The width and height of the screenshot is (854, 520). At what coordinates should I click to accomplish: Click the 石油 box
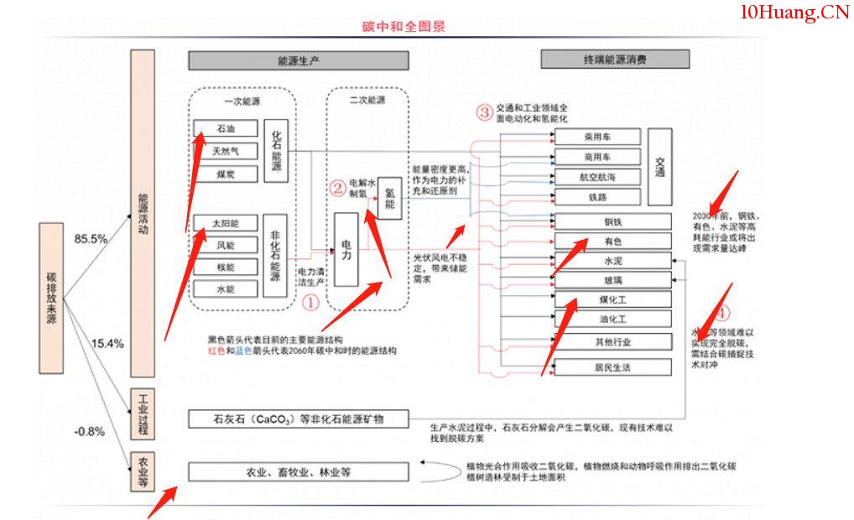(x=226, y=129)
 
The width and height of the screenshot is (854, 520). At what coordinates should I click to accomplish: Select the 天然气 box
(x=226, y=152)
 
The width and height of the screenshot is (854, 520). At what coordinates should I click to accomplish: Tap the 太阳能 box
(x=226, y=223)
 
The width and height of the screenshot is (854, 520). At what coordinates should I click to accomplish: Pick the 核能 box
(x=226, y=268)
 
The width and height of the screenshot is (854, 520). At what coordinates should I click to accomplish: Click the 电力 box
(x=346, y=249)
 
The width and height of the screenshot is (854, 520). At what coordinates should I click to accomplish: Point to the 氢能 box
(x=389, y=198)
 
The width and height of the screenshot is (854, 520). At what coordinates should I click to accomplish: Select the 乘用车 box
(x=597, y=137)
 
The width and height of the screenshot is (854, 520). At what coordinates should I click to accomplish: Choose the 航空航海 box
(x=597, y=177)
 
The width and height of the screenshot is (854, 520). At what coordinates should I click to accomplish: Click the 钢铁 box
(x=613, y=222)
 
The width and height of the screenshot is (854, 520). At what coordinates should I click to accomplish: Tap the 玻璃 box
(x=613, y=280)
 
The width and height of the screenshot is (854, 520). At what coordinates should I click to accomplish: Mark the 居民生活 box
(x=613, y=367)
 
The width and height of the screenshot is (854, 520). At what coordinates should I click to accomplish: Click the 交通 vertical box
(x=659, y=167)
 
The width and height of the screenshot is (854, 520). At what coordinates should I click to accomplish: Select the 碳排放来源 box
(x=51, y=298)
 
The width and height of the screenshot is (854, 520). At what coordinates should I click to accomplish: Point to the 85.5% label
(x=91, y=239)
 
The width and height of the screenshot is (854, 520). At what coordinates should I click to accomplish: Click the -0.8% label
(x=89, y=432)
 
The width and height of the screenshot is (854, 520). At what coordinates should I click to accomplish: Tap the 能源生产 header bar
(x=298, y=60)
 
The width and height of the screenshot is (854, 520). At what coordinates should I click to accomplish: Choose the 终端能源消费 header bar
(x=615, y=60)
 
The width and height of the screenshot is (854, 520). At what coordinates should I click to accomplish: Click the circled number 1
(x=310, y=301)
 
